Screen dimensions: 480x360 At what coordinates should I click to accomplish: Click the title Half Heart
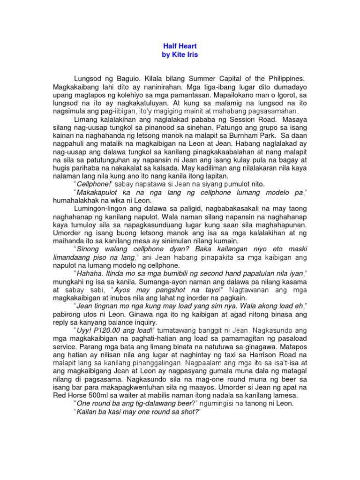coord(180,46)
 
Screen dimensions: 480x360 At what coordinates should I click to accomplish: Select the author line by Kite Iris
coord(180,55)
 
